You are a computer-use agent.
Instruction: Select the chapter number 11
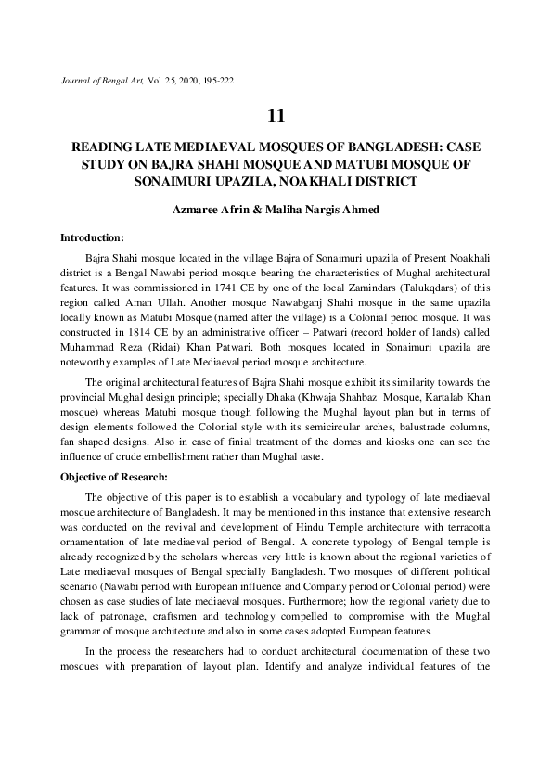[276, 116]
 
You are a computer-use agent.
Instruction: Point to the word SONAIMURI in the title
[172, 181]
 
